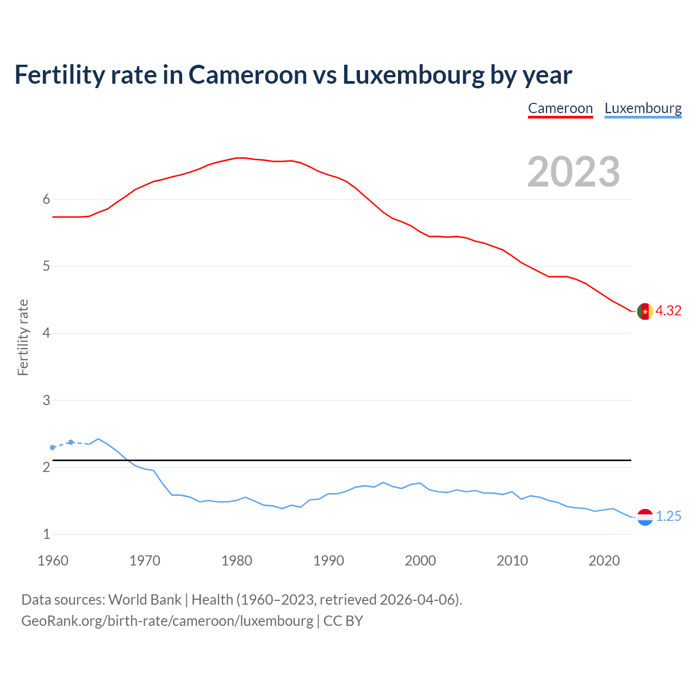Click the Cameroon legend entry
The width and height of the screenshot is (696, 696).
(560, 108)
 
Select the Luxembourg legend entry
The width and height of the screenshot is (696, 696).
(643, 108)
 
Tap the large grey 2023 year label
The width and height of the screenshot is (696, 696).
(574, 172)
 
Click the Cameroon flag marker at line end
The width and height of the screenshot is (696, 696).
(645, 312)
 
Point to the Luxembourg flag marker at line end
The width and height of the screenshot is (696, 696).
(645, 517)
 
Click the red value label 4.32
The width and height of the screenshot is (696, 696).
(668, 310)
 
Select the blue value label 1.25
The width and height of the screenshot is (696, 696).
(668, 516)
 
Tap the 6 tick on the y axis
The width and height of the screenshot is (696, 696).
(46, 199)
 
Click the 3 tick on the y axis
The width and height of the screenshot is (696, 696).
(46, 400)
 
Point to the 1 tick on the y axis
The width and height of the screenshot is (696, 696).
(46, 534)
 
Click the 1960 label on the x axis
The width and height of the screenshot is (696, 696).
(53, 561)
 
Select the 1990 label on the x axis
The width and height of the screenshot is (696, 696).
(328, 561)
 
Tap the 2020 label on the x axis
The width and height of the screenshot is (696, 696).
(604, 561)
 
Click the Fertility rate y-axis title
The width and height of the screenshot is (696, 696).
(23, 337)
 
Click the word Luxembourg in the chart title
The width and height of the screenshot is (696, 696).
(413, 74)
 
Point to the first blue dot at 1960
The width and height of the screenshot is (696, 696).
(53, 448)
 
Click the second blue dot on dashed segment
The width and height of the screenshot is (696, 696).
(71, 442)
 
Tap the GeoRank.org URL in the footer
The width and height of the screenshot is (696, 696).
(167, 620)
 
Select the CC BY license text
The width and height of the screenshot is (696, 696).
(343, 620)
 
